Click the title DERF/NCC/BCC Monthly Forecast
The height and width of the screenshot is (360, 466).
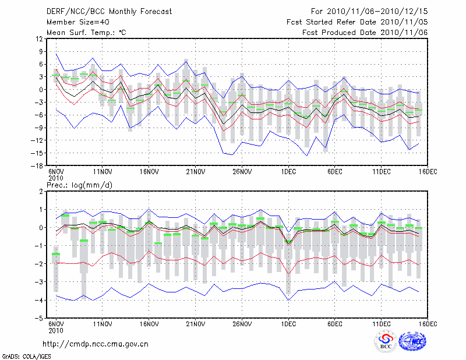pos(110,11)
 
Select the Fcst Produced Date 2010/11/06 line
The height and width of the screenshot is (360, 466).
pos(365,32)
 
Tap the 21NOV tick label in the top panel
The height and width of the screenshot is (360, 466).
pos(196,172)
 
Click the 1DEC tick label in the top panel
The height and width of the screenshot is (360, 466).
pos(288,172)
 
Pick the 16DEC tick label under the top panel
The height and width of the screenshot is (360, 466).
pos(428,172)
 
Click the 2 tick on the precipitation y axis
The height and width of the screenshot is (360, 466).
pos(41,191)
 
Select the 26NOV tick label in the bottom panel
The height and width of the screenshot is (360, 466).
pos(242,325)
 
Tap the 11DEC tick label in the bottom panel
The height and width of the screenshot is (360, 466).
pos(382,325)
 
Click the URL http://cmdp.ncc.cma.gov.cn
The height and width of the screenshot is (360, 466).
pos(96,344)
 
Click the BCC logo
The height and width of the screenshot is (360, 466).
pos(386,341)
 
